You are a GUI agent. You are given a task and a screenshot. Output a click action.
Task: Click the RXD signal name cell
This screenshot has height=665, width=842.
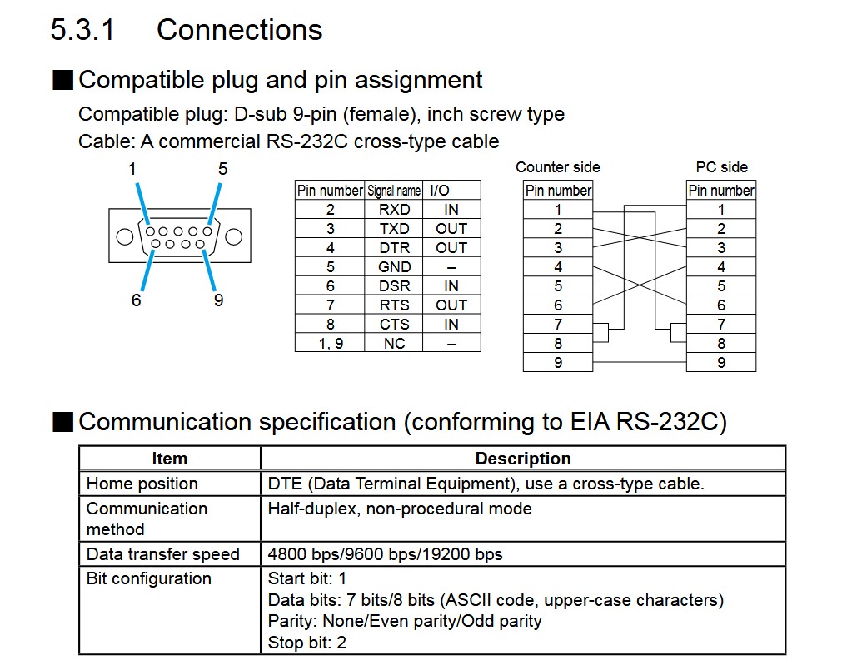394,210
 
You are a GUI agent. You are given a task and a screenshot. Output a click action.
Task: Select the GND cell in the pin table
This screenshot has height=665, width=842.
394,267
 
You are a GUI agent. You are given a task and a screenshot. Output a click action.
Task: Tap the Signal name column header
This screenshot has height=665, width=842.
394,191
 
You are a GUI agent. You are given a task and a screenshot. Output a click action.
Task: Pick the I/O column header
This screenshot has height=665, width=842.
439,191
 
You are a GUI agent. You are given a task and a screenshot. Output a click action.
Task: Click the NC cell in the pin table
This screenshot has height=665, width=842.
394,343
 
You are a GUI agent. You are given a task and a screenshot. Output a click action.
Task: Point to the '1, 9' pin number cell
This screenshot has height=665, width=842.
330,343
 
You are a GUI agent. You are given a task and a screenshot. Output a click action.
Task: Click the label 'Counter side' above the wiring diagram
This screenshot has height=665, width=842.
557,167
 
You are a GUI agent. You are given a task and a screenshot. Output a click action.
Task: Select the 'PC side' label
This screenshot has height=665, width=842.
721,167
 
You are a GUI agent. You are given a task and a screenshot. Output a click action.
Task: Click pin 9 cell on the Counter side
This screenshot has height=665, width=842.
558,362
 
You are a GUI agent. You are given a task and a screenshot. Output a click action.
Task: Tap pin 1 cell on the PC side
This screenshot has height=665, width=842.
721,210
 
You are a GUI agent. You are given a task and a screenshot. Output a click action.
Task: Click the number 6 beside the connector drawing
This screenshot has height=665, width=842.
137,300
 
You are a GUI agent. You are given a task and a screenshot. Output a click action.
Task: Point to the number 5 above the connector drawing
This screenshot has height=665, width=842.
222,168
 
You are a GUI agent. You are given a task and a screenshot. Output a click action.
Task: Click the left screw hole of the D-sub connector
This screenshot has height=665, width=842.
124,236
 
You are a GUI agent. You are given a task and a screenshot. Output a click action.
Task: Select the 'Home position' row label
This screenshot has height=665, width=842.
142,484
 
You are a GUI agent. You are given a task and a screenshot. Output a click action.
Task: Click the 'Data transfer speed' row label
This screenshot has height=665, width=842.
162,554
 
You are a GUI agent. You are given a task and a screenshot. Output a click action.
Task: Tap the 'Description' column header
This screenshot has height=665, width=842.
523,459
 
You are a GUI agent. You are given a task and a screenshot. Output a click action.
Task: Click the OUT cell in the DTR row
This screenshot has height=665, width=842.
451,248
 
